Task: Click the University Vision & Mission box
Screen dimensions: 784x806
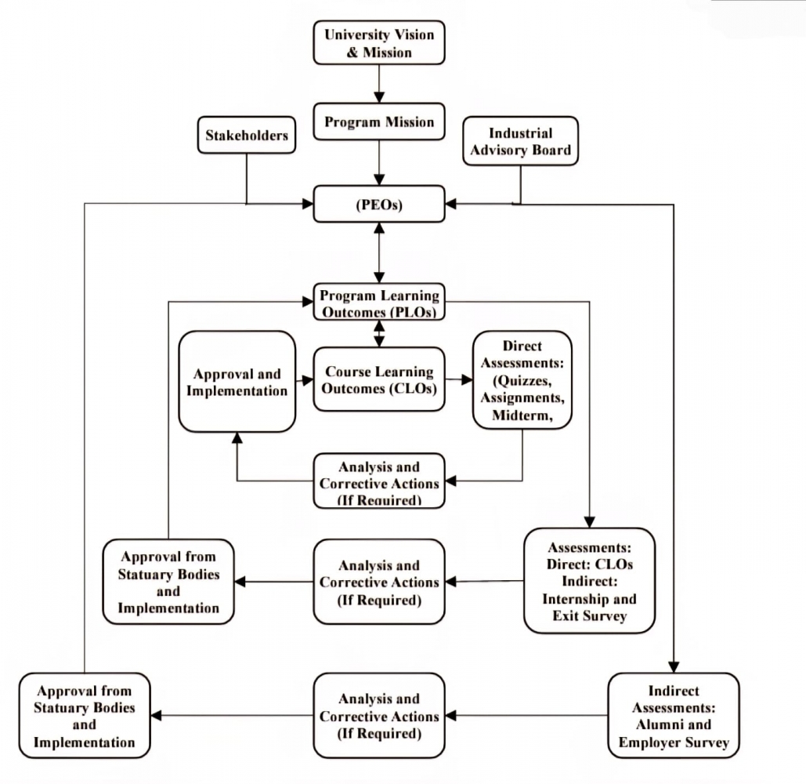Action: [379, 44]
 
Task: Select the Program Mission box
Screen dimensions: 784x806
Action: [379, 122]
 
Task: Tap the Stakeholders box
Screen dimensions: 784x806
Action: [246, 136]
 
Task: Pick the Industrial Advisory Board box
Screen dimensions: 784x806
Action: [520, 141]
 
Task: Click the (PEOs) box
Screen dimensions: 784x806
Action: [379, 204]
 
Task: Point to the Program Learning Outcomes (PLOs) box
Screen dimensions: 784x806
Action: [379, 303]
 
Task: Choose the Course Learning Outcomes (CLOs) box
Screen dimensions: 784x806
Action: [379, 379]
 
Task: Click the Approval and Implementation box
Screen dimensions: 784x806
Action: [237, 382]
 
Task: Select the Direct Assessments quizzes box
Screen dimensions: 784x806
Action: [522, 380]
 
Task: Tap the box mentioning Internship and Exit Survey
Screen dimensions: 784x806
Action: [589, 581]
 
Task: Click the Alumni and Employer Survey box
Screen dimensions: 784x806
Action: [673, 715]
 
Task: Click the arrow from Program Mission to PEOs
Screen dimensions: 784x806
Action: [379, 163]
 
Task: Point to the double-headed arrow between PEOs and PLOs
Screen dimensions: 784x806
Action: [379, 252]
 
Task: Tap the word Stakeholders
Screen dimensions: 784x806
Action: [246, 136]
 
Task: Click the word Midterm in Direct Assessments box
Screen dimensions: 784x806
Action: [522, 416]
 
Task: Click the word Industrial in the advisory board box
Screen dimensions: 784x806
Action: [520, 133]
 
